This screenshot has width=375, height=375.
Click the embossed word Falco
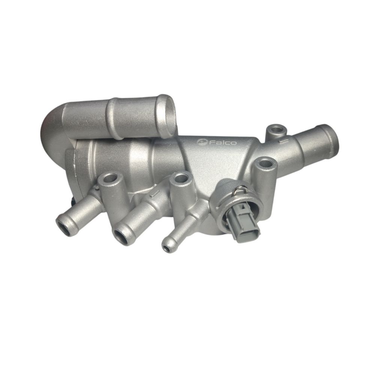[223, 143]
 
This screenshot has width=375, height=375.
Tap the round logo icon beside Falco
[202, 142]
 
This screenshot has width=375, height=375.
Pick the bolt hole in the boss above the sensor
[265, 164]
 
